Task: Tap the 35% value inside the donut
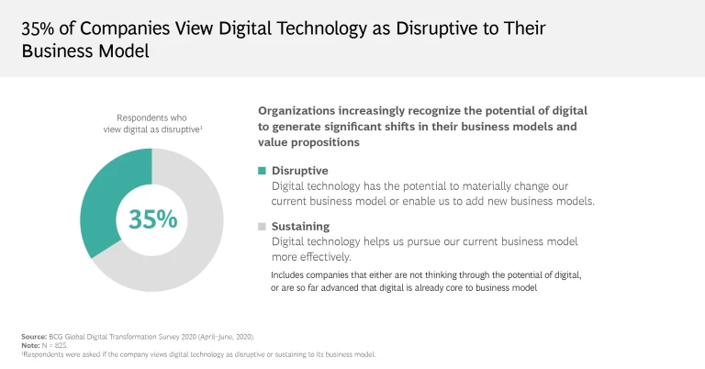tap(152, 219)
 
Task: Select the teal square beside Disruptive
tap(262, 171)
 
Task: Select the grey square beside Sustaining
tap(262, 226)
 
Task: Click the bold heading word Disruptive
tap(299, 171)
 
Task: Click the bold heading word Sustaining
tap(300, 226)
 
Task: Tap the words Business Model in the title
tap(84, 50)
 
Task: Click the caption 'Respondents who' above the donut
tap(152, 117)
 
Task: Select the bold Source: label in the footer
tap(34, 337)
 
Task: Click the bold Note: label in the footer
tap(30, 345)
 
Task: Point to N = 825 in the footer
tap(55, 345)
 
